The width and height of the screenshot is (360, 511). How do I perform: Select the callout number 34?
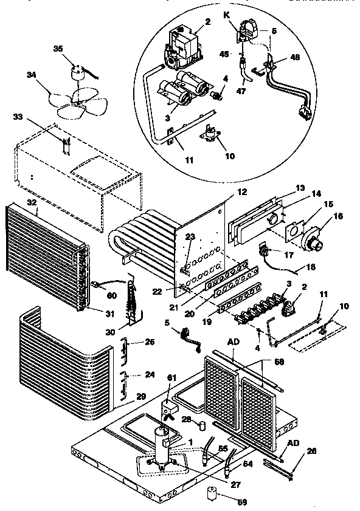click(x=30, y=75)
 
